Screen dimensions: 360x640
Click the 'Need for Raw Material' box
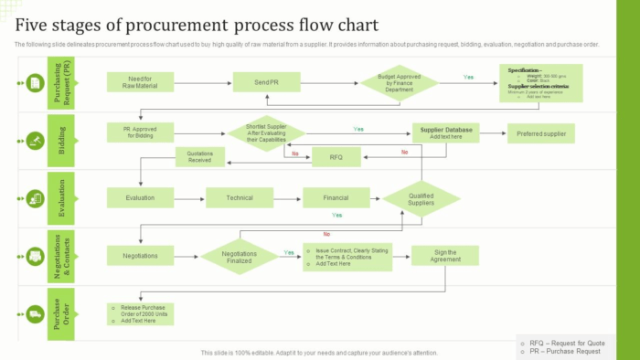pyautogui.click(x=141, y=83)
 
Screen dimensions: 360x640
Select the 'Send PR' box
pyautogui.click(x=266, y=83)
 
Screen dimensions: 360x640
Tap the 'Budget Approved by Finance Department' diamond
pyautogui.click(x=400, y=85)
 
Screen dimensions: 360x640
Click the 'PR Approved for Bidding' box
pyautogui.click(x=141, y=133)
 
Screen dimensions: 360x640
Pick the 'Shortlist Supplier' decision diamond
pyautogui.click(x=266, y=133)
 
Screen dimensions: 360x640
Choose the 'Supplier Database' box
pyautogui.click(x=445, y=133)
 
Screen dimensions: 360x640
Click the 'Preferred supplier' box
pyautogui.click(x=541, y=133)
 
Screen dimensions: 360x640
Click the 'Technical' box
pyautogui.click(x=240, y=197)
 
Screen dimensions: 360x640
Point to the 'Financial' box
pyautogui.click(x=336, y=197)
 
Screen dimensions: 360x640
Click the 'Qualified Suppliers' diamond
pyautogui.click(x=421, y=199)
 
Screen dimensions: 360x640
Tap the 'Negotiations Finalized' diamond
pyautogui.click(x=240, y=256)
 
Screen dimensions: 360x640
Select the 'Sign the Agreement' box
pyautogui.click(x=445, y=256)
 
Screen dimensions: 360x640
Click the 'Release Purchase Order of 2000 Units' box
pyautogui.click(x=141, y=313)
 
